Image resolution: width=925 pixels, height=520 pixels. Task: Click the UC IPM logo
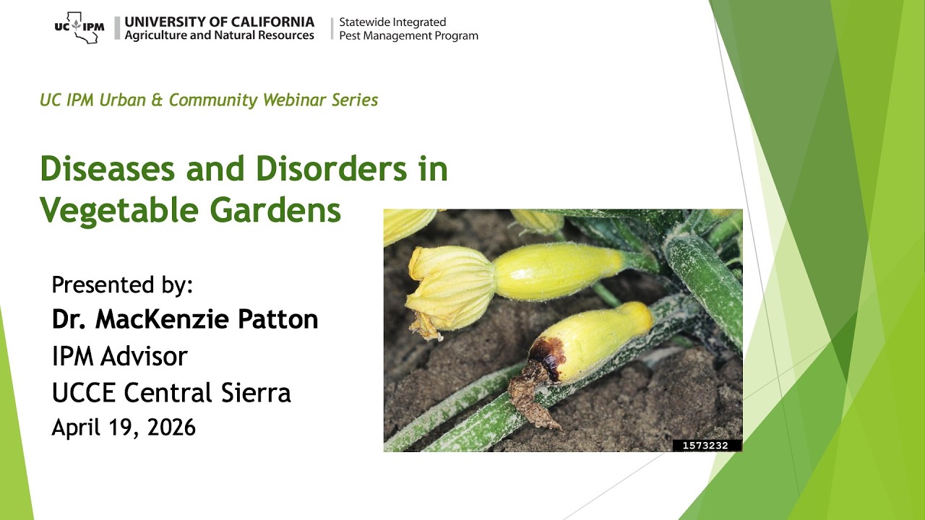79,27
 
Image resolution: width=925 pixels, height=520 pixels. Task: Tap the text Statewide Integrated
392,22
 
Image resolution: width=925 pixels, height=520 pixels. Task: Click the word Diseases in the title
108,169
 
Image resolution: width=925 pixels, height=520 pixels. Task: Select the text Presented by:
122,285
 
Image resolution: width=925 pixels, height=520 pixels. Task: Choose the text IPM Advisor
119,355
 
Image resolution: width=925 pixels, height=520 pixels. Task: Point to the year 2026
171,427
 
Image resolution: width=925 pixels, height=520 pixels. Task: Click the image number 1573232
706,446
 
